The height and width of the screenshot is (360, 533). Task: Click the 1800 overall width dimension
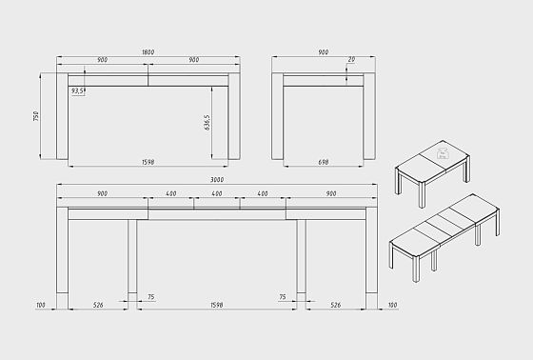pos(148,52)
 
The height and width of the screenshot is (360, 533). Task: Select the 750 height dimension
pos(36,116)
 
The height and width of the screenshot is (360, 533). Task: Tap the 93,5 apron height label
pos(77,90)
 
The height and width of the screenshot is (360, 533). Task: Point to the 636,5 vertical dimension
pos(207,123)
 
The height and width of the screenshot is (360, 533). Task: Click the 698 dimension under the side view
pos(324,162)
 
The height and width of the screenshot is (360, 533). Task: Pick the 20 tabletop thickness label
pos(351,59)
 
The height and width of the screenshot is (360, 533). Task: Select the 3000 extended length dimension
pos(217,179)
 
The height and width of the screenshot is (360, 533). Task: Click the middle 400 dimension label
pos(217,193)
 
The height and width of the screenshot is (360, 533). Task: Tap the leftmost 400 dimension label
pos(171,193)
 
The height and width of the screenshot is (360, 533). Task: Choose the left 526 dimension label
pos(98,305)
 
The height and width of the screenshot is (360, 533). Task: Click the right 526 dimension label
pos(335,305)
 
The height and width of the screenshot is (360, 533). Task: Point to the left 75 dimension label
pos(151,297)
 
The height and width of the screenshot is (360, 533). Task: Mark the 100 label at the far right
pos(392,305)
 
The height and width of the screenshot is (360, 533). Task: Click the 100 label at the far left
pos(41,305)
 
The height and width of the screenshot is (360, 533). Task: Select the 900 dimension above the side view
pos(324,52)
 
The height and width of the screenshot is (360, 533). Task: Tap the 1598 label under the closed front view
pos(148,162)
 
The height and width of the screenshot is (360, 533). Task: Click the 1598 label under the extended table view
pos(217,305)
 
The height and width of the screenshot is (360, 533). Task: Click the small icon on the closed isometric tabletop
pos(443,153)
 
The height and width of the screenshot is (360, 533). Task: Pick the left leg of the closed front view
pos(62,116)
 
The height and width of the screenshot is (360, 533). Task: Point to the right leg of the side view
pos(369,116)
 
